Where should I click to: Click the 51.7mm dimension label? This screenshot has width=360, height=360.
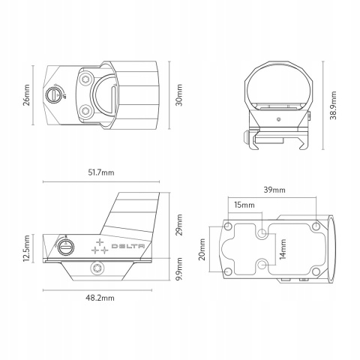tap(101, 172)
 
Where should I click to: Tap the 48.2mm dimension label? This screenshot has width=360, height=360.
tap(100, 298)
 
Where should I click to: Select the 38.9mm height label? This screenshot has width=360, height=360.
tap(333, 106)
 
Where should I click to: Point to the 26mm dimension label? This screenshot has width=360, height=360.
tap(26, 95)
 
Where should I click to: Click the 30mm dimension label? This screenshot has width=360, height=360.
tap(179, 95)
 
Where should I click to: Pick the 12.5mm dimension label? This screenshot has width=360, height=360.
tap(26, 248)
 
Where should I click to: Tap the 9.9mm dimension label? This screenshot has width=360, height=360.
tap(179, 269)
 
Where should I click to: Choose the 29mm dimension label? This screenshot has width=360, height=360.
tap(179, 225)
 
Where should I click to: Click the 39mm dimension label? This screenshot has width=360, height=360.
tap(274, 190)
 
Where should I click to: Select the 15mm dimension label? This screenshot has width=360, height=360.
tap(244, 205)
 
